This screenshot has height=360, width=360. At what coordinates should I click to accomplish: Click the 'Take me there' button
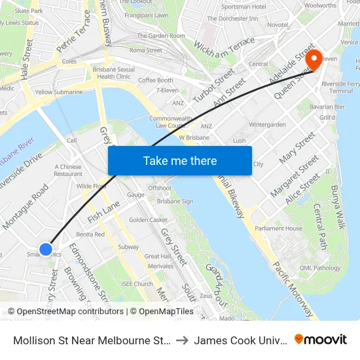coord(180,160)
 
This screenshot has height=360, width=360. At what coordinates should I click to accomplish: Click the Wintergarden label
coord(267,124)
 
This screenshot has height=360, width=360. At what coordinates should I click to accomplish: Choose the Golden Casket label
coord(148,220)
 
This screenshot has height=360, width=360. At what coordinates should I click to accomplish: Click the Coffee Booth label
coord(155,80)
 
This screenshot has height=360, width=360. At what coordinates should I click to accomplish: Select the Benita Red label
coord(90,234)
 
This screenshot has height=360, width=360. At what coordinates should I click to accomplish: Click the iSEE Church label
coord(137,283)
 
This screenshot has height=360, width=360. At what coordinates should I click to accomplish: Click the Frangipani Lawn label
coord(147,14)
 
